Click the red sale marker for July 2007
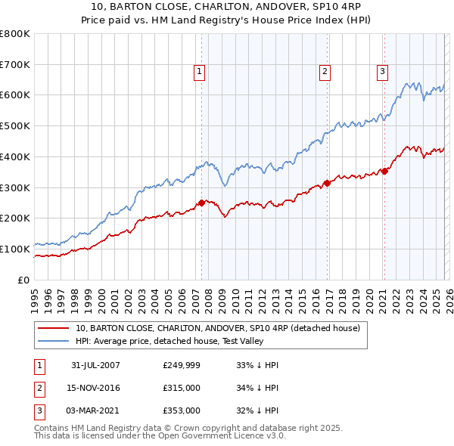(x=202, y=202)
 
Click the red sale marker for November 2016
(x=326, y=182)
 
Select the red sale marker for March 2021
(x=384, y=171)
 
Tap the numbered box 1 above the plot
(x=199, y=72)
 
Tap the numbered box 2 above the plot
(x=325, y=72)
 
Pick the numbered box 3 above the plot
(x=382, y=72)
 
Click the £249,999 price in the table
(x=182, y=365)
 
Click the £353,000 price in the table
(x=182, y=410)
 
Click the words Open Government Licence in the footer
(x=234, y=436)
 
